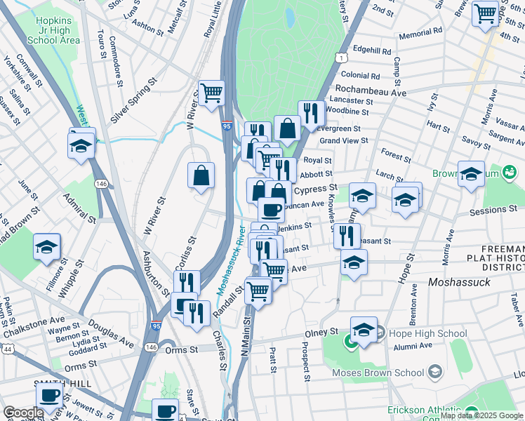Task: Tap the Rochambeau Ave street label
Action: coord(371,91)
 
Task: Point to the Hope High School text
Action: coord(423,334)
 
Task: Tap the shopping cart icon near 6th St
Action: coord(485,13)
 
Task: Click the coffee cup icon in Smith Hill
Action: coord(48,396)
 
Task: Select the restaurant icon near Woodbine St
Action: coord(310,112)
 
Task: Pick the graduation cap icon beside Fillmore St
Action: coord(47,247)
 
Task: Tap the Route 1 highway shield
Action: coord(340,55)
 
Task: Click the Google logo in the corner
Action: coord(23,413)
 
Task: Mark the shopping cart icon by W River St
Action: coord(211,92)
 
